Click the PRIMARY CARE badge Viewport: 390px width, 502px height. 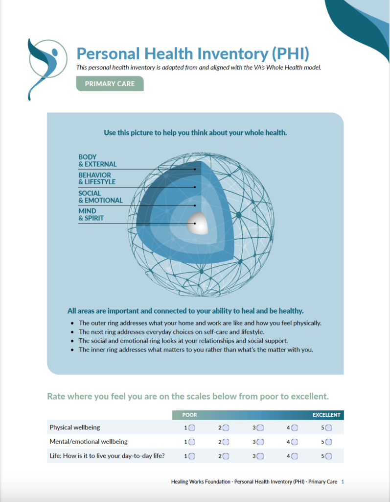(110, 84)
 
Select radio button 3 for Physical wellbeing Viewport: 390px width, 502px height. (260, 427)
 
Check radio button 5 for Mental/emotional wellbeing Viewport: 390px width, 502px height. (328, 442)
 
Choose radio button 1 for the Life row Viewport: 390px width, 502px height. (192, 456)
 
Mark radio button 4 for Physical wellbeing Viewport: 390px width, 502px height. (295, 427)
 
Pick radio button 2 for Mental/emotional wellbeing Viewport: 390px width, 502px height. (226, 442)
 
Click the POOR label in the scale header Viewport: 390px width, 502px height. (189, 415)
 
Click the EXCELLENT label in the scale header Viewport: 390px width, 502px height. (326, 415)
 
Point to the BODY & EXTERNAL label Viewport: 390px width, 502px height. (97, 161)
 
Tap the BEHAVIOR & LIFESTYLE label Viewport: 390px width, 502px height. (96, 178)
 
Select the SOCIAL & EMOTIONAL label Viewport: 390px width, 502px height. (100, 197)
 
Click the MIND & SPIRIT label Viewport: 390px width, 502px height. (91, 215)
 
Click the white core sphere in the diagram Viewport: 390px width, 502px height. (198, 224)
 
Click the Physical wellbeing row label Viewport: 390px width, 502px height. (74, 427)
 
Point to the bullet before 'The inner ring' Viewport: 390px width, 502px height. (72, 350)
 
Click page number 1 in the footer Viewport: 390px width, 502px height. (343, 482)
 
